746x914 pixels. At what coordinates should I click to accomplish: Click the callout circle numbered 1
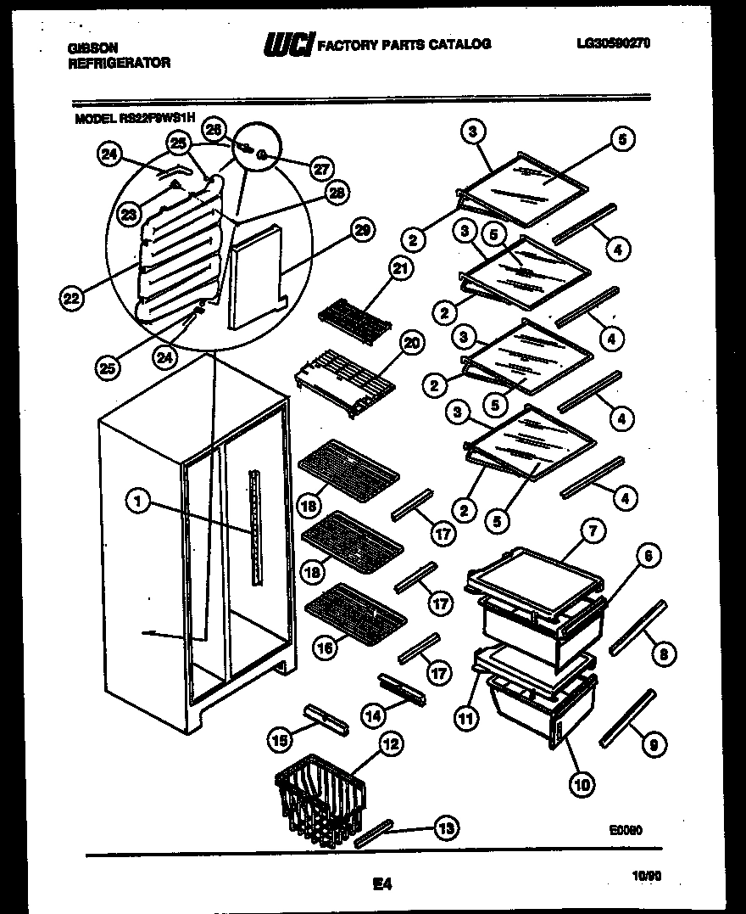pos(137,502)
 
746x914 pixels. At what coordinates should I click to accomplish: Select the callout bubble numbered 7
pos(592,532)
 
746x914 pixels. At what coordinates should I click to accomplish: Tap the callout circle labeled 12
pos(389,745)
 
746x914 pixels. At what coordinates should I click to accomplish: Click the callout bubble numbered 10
pos(581,784)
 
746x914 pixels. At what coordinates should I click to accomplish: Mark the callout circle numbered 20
pos(411,343)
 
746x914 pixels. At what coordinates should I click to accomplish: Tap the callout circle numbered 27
pos(320,168)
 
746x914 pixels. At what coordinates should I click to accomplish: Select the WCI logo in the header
pos(289,44)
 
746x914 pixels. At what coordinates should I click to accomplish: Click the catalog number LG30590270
pos(611,43)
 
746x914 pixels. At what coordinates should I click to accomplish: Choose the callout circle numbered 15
pos(277,740)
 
